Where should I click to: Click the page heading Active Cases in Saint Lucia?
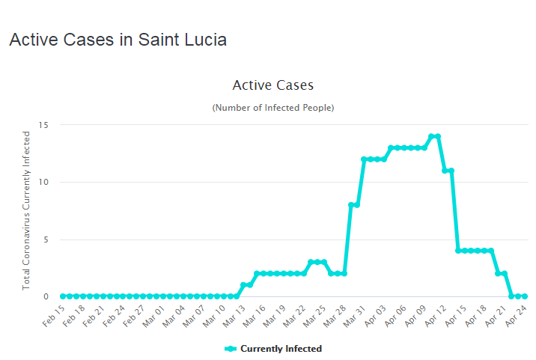pyautogui.click(x=118, y=40)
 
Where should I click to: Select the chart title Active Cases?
pyautogui.click(x=272, y=85)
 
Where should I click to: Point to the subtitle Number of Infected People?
pyautogui.click(x=272, y=108)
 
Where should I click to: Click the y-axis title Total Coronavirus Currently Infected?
pyautogui.click(x=26, y=210)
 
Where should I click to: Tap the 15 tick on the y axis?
pyautogui.click(x=43, y=125)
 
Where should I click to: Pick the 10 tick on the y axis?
pyautogui.click(x=43, y=182)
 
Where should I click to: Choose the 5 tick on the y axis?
pyautogui.click(x=46, y=240)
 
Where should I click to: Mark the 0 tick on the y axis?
pyautogui.click(x=46, y=296)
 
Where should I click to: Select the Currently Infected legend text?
pyautogui.click(x=281, y=349)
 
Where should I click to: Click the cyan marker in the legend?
pyautogui.click(x=231, y=349)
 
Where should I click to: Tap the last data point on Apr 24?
pyautogui.click(x=524, y=296)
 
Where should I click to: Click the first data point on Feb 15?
pyautogui.click(x=62, y=296)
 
